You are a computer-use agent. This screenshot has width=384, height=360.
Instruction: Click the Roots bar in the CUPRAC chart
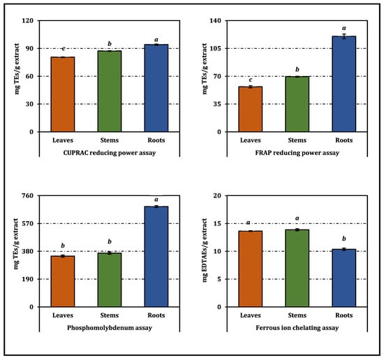click(x=156, y=88)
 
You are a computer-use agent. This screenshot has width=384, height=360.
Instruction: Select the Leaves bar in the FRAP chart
click(x=250, y=109)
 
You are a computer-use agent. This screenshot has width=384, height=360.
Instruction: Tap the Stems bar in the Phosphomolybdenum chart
click(x=110, y=280)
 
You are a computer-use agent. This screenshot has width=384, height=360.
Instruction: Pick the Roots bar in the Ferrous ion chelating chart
click(x=344, y=278)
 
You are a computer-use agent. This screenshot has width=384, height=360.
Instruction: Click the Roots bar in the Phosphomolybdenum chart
click(x=156, y=257)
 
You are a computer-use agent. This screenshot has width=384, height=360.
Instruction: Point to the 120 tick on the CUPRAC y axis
click(x=28, y=20)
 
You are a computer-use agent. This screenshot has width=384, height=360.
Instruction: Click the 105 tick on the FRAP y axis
click(x=215, y=48)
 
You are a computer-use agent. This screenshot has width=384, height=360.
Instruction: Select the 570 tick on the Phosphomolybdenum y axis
click(x=28, y=223)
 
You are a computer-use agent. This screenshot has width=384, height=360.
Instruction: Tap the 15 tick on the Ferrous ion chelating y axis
click(x=217, y=223)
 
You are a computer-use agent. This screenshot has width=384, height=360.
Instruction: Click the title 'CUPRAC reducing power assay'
click(x=110, y=153)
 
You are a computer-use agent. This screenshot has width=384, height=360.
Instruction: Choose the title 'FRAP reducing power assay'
click(x=297, y=153)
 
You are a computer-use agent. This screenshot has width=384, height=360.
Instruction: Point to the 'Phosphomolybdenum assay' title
click(x=110, y=328)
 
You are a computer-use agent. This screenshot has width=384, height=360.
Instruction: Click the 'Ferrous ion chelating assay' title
click(x=297, y=328)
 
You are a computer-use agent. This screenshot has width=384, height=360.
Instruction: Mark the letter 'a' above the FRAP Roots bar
click(x=344, y=28)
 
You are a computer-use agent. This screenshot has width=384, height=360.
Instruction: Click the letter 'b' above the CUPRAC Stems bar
click(x=110, y=43)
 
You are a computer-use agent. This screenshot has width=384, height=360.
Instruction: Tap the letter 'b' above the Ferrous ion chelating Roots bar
click(x=344, y=239)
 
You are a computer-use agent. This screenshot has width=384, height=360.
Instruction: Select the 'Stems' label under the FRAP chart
click(x=297, y=140)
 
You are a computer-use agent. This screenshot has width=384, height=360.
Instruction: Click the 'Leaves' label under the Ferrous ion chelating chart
click(x=250, y=315)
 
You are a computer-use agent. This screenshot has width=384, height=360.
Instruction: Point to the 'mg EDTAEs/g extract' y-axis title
click(x=205, y=250)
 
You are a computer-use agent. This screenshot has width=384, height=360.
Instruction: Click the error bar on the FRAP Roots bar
click(x=344, y=36)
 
